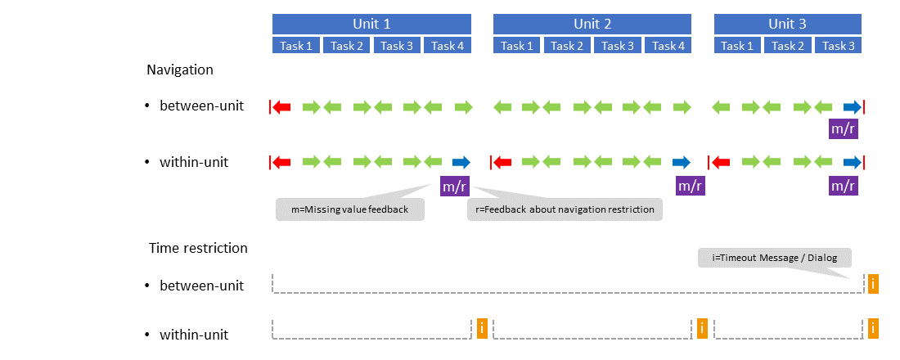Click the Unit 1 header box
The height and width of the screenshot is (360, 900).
point(371,24)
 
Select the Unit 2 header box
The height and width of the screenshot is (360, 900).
point(592,24)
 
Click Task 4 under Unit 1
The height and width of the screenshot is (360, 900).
point(448,46)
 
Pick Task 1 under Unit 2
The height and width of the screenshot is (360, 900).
point(518,46)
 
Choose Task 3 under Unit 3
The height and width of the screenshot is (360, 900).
point(839,46)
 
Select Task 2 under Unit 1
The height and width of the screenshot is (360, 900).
point(347,46)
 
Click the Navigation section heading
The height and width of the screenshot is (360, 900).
point(180,70)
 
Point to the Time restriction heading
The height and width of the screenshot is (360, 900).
point(198,247)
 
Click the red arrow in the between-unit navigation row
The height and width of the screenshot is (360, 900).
point(282,106)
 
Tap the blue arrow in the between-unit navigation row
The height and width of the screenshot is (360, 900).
point(852,106)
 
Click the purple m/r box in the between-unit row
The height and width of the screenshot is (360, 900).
point(844,128)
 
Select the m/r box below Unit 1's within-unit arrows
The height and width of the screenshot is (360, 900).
point(455,186)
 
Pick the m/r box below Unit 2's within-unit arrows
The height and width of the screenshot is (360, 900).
point(690,186)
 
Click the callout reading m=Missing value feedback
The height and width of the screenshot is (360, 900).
point(349,209)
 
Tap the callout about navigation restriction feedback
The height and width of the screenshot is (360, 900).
point(565,209)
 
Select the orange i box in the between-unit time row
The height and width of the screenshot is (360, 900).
point(873,284)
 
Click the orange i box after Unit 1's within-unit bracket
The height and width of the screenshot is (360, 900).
point(482,329)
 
